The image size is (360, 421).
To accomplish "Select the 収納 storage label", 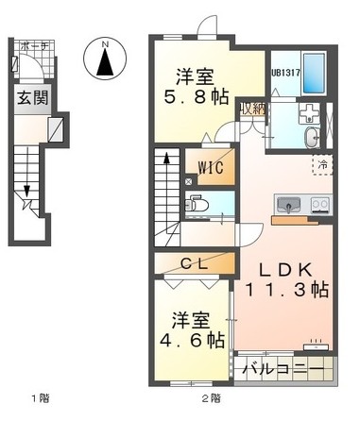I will click(250, 108).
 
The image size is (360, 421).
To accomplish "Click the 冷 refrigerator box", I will click(323, 163).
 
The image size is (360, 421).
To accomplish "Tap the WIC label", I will click(209, 170).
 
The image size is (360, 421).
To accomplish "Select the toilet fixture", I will click(198, 203).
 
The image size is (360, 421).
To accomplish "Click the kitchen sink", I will click(287, 203).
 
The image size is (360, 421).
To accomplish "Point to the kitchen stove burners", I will click(318, 203).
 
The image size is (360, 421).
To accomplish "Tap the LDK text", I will click(283, 268).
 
